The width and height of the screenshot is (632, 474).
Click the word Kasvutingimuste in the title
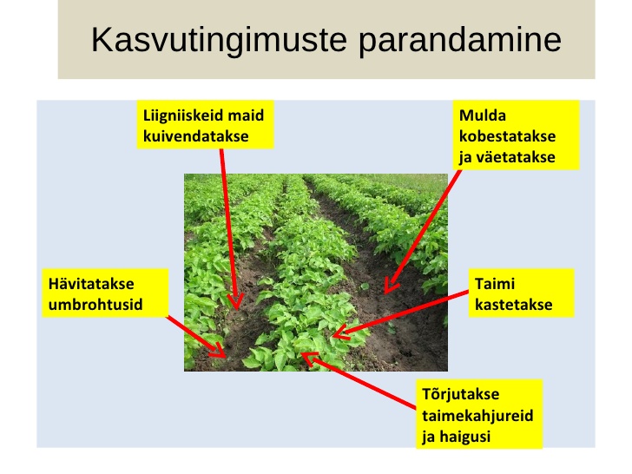point(219,40)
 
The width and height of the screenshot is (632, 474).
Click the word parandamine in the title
point(460,40)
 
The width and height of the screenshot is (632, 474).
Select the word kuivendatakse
point(196,136)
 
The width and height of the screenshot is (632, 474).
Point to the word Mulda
point(483,115)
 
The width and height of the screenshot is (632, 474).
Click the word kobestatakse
point(508,136)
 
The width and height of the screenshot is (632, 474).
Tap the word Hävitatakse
point(91,283)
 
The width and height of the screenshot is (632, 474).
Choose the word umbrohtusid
point(95,305)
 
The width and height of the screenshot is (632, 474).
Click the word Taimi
point(495,283)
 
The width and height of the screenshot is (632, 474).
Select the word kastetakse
point(514,305)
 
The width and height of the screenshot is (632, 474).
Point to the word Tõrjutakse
point(461,394)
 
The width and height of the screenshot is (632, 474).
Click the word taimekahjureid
point(477,416)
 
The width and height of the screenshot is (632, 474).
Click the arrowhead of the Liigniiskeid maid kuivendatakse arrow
point(236,304)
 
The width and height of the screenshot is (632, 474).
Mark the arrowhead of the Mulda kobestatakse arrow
point(389,287)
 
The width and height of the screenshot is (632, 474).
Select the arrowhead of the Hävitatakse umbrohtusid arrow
point(220,352)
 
